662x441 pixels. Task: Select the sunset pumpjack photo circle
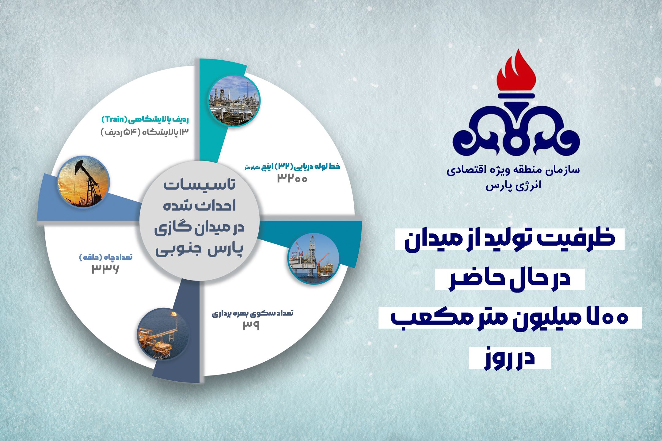click(x=84, y=182)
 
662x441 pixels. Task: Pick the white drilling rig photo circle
click(x=314, y=258)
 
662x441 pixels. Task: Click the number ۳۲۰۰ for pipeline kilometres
click(x=292, y=178)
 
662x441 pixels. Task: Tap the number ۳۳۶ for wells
click(x=105, y=269)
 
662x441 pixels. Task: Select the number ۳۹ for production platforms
click(x=251, y=325)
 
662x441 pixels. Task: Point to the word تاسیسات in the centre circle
click(x=200, y=185)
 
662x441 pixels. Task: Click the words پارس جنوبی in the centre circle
click(x=199, y=250)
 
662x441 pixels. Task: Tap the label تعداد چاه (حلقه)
click(x=106, y=257)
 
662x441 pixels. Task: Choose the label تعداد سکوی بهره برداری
click(x=253, y=313)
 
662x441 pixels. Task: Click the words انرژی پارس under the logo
click(x=513, y=186)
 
